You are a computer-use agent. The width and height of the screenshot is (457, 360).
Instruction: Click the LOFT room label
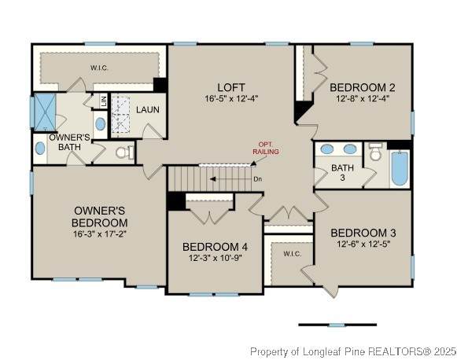pyautogui.click(x=231, y=87)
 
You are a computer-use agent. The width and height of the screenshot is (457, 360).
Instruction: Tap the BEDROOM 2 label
pyautogui.click(x=363, y=87)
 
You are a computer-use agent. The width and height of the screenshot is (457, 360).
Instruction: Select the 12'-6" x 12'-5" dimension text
pyautogui.click(x=363, y=244)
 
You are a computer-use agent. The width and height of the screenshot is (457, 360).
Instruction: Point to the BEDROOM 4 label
pyautogui.click(x=215, y=247)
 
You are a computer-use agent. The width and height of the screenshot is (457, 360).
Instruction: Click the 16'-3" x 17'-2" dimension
pyautogui.click(x=100, y=234)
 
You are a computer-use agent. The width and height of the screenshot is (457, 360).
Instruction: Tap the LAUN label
pyautogui.click(x=148, y=110)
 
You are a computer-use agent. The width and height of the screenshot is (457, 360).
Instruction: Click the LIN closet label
pyautogui.click(x=104, y=101)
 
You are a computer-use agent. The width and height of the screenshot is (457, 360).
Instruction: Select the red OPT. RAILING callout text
pyautogui.click(x=266, y=149)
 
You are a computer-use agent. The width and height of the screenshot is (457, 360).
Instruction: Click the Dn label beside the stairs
pyautogui.click(x=258, y=179)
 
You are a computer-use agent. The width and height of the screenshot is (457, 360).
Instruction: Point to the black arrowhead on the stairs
pyautogui.click(x=212, y=179)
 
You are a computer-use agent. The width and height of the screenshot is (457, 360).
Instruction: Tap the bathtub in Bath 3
pyautogui.click(x=400, y=167)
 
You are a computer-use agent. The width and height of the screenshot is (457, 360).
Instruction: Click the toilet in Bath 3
pyautogui.click(x=375, y=152)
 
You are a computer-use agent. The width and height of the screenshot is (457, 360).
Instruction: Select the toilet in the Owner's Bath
pyautogui.click(x=124, y=152)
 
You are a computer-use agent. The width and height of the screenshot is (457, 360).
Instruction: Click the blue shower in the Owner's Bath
pyautogui.click(x=45, y=112)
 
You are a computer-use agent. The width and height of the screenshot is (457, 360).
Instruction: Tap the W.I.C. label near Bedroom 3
pyautogui.click(x=293, y=254)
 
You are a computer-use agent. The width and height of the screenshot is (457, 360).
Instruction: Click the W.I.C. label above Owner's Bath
pyautogui.click(x=99, y=68)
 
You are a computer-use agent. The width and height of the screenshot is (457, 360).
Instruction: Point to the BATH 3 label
pyautogui.click(x=342, y=172)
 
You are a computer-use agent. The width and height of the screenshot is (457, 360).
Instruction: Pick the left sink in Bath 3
pyautogui.click(x=326, y=149)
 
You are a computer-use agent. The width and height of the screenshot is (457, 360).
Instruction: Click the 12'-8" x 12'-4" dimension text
pyautogui.click(x=363, y=98)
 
